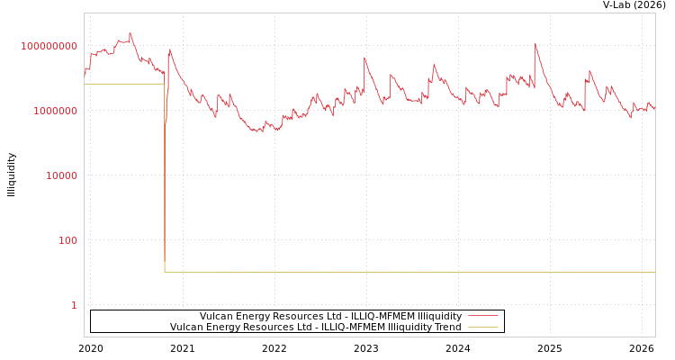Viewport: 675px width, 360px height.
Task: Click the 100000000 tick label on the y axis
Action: coord(49,46)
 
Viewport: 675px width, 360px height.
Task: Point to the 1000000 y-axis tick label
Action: coord(55,111)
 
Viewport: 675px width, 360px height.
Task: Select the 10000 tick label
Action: coord(61,175)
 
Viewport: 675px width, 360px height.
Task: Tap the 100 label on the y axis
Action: coord(68,240)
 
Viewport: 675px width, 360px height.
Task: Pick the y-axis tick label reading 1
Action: coord(74,305)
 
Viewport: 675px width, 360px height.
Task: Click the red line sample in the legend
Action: coord(482,317)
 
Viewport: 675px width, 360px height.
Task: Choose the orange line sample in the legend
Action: coord(482,328)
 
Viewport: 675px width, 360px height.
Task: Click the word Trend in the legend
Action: coord(447,328)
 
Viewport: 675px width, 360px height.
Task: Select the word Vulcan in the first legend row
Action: coord(216,317)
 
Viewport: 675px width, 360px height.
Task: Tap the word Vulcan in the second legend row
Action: coord(186,328)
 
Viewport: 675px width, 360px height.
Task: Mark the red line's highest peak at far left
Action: coord(130,33)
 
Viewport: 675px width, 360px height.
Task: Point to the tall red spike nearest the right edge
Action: coord(535,43)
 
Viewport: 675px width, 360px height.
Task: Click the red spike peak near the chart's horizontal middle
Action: coord(364,58)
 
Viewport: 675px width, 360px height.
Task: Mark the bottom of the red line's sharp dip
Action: coord(165,125)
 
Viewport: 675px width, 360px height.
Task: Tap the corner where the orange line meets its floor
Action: coord(165,272)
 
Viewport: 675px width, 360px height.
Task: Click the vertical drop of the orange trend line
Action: coord(165,180)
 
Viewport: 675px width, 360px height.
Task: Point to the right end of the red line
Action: coord(654,108)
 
